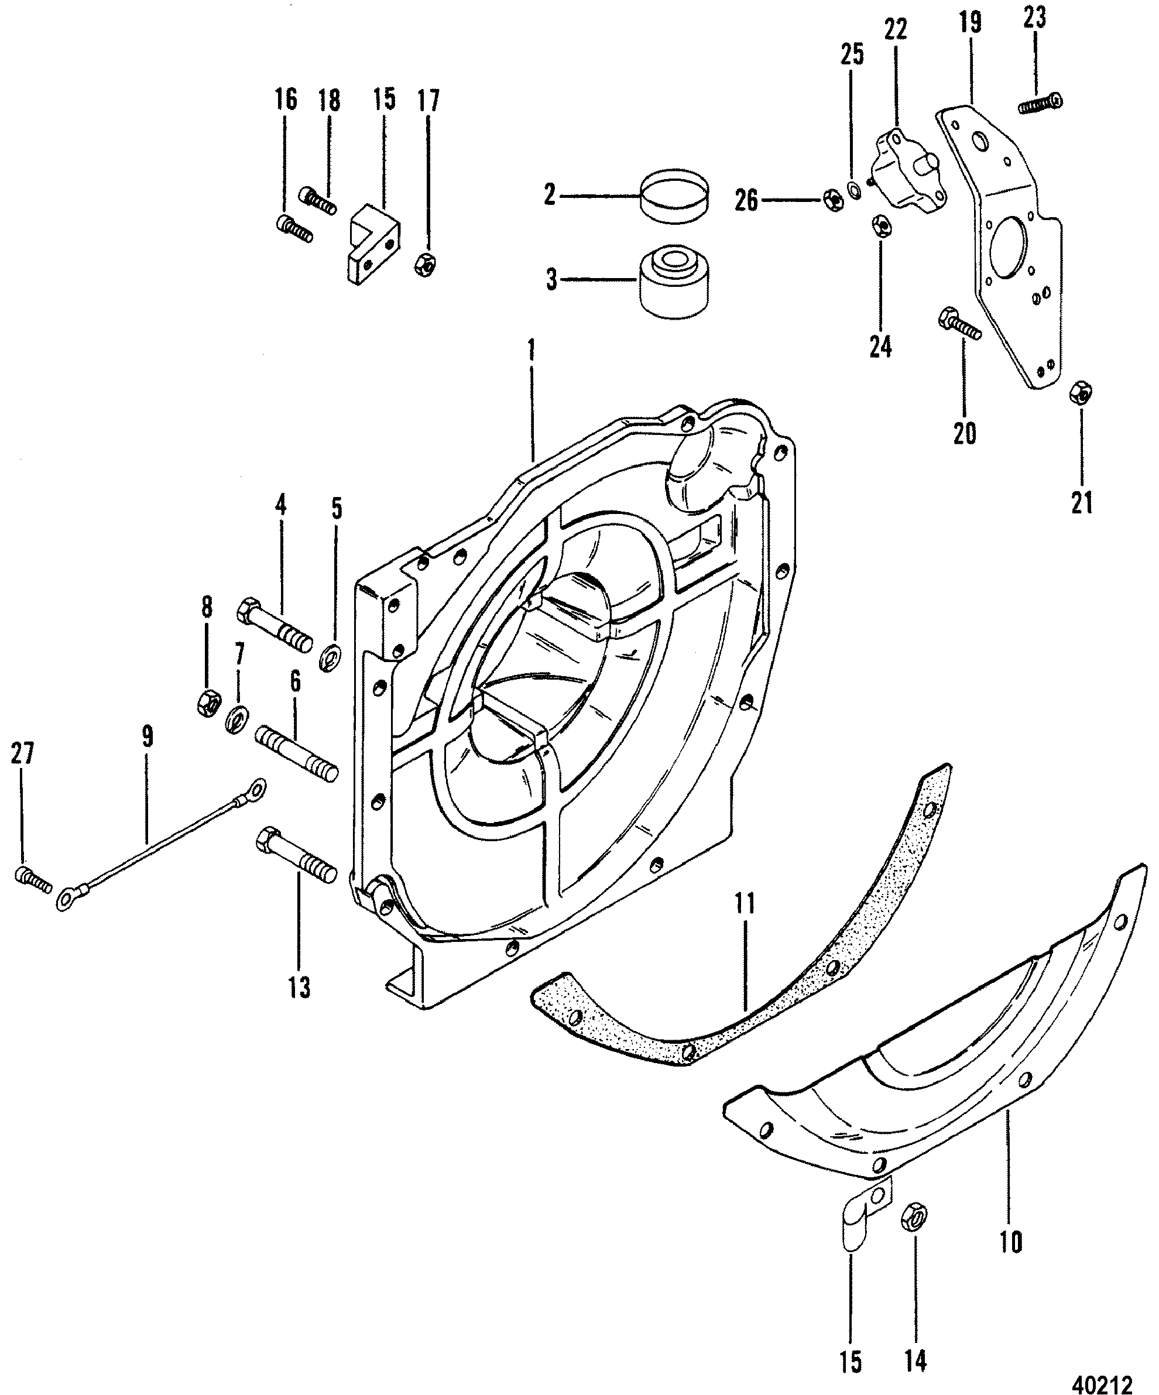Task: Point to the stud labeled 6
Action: point(297,756)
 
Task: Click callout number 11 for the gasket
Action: point(745,904)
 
